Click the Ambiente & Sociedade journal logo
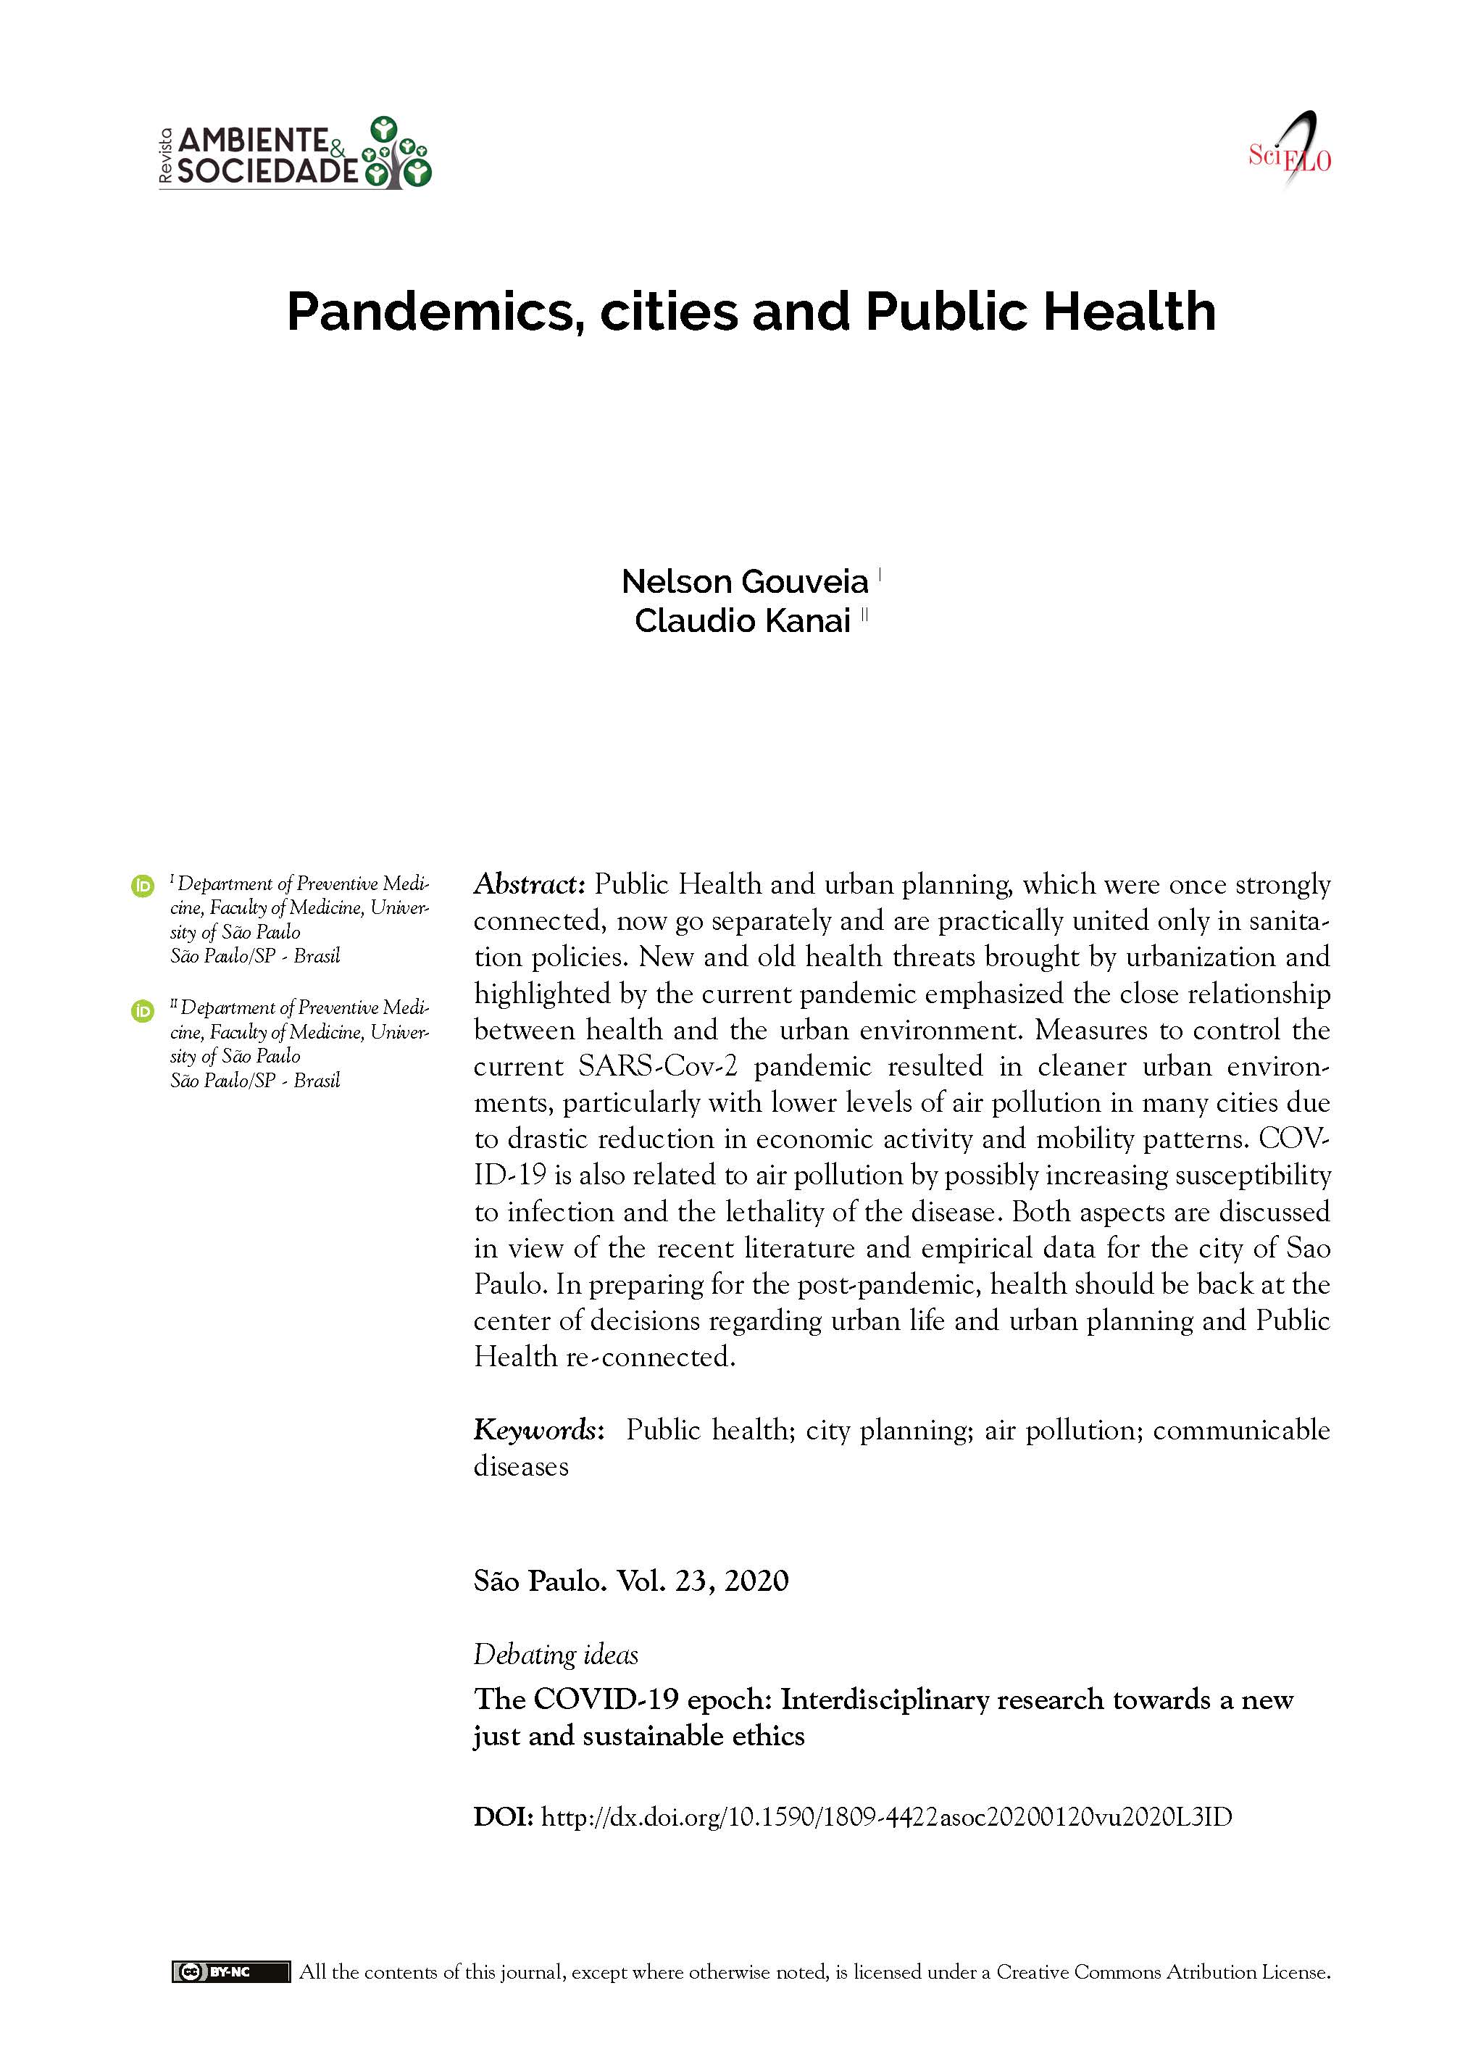(x=295, y=153)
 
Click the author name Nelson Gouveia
(x=744, y=582)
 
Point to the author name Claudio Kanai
(x=743, y=620)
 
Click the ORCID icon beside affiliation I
(x=142, y=886)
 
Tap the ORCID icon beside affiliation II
(x=142, y=1011)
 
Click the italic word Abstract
(x=530, y=884)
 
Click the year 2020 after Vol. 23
(x=756, y=1580)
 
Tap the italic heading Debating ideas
(x=556, y=1654)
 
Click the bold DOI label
(x=504, y=1816)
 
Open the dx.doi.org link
(x=886, y=1816)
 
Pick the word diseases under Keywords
(x=522, y=1467)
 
